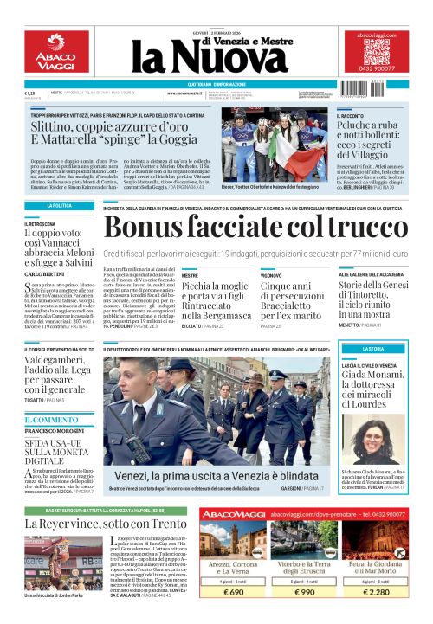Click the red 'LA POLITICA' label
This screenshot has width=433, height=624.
[x=59, y=206]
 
